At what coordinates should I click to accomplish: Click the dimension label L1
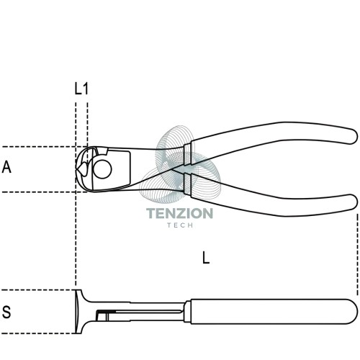click(81, 89)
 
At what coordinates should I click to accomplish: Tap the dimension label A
click(6, 167)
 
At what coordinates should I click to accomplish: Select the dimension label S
click(6, 312)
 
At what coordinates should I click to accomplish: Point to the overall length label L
click(206, 258)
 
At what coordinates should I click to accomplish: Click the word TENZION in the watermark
click(179, 213)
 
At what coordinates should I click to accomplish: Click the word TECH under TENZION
click(180, 225)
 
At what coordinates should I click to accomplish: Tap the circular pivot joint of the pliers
click(102, 169)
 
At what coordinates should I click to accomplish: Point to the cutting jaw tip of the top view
click(77, 168)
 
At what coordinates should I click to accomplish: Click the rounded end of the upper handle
click(353, 136)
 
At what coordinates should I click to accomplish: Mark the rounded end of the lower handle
click(353, 202)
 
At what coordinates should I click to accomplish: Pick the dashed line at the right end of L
click(358, 254)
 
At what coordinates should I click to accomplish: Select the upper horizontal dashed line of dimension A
click(43, 147)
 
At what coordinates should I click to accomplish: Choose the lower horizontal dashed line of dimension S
click(38, 333)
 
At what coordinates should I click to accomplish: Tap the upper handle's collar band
click(187, 155)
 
